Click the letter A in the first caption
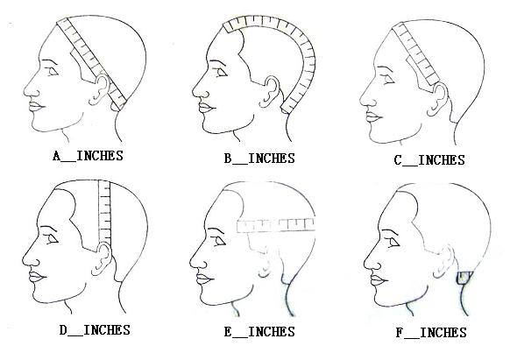tap(57, 156)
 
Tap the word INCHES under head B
tap(272, 159)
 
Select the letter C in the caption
tap(398, 160)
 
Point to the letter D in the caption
tap(63, 330)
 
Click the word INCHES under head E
tap(272, 332)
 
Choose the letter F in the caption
tap(400, 333)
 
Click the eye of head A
tap(52, 71)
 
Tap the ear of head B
tap(270, 91)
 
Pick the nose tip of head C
tap(361, 100)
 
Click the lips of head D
tap(37, 277)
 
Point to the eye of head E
tap(220, 241)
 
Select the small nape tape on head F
tap(464, 278)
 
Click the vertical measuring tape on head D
tap(104, 213)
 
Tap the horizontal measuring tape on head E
tap(276, 225)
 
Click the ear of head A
tap(99, 89)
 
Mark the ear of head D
tap(102, 259)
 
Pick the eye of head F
tap(394, 243)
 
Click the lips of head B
tap(206, 107)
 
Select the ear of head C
tap(438, 99)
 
